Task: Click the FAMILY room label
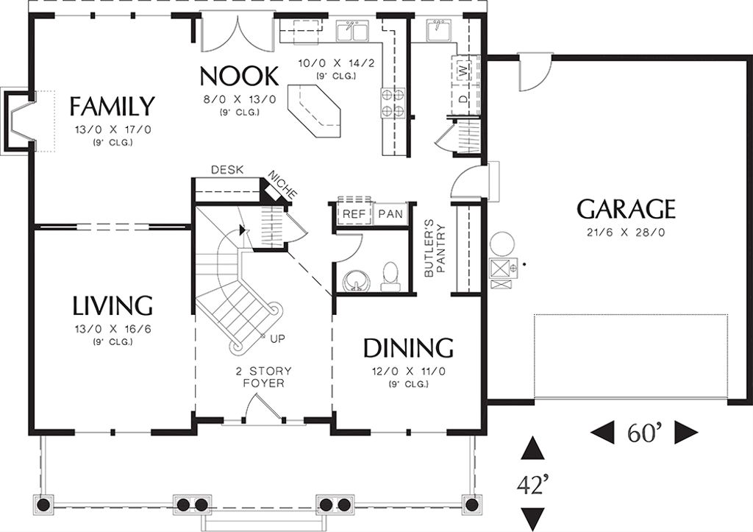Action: click(x=112, y=107)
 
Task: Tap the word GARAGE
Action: click(x=626, y=209)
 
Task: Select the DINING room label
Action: click(x=408, y=347)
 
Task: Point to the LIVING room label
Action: click(x=112, y=305)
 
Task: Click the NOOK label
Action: click(x=239, y=76)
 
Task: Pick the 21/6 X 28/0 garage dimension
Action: click(x=626, y=233)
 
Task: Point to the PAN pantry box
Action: click(x=390, y=214)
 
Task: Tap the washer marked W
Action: click(x=463, y=71)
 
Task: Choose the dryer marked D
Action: click(x=463, y=99)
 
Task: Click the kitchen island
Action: click(x=314, y=110)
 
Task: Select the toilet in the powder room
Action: click(x=390, y=276)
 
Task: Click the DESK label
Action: click(x=226, y=169)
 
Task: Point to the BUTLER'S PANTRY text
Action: click(x=436, y=249)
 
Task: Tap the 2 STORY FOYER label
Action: click(x=263, y=377)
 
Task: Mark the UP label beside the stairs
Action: click(x=278, y=339)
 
